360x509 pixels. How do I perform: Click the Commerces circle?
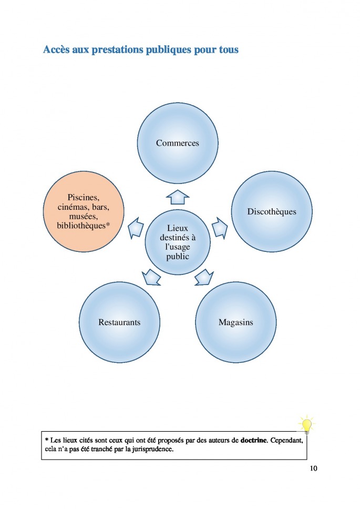point(178,142)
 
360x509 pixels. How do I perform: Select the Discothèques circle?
point(272,211)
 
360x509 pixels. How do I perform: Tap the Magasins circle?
point(235,322)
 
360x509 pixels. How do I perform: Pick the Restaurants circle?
point(119,322)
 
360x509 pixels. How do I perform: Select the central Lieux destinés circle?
point(178,242)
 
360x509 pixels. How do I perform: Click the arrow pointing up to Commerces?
point(178,197)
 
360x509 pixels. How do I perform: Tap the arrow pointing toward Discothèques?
point(220,228)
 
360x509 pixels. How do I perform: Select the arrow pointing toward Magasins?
point(204,277)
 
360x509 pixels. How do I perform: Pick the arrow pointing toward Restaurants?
point(151,277)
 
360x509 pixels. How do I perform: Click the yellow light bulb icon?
point(306,424)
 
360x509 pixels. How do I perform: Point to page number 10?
point(314,469)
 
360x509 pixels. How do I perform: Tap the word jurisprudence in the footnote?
point(151,450)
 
